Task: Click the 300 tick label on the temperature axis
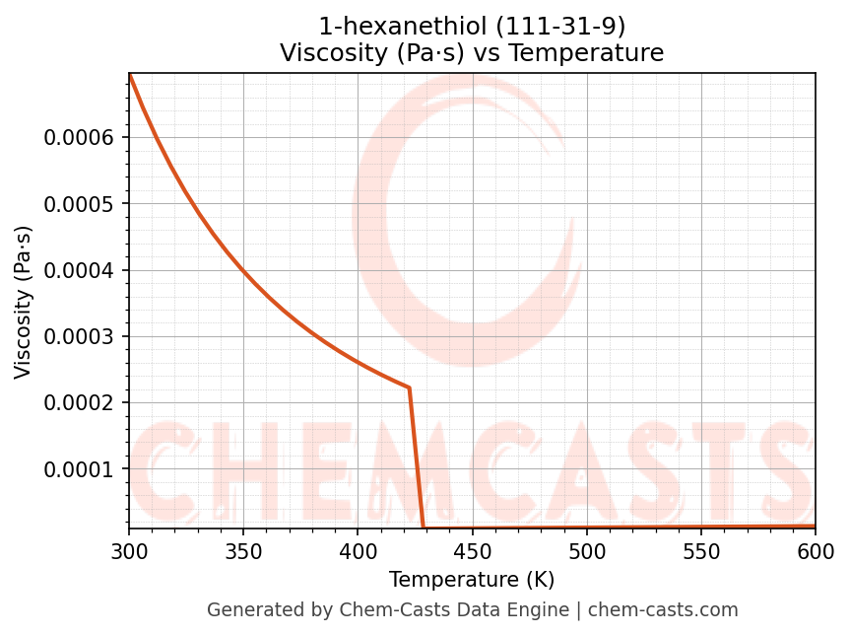pyautogui.click(x=129, y=550)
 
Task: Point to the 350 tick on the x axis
pyautogui.click(x=243, y=550)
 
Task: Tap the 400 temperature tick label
pyautogui.click(x=358, y=550)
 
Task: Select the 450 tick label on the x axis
pyautogui.click(x=472, y=550)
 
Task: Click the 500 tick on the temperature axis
pyautogui.click(x=586, y=550)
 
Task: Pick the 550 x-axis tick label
pyautogui.click(x=700, y=550)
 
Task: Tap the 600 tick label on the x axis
pyautogui.click(x=815, y=550)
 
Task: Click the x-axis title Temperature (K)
pyautogui.click(x=472, y=579)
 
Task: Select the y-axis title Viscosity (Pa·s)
pyautogui.click(x=25, y=302)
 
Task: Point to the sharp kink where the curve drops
pyautogui.click(x=409, y=388)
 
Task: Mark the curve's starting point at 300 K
pyautogui.click(x=130, y=75)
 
